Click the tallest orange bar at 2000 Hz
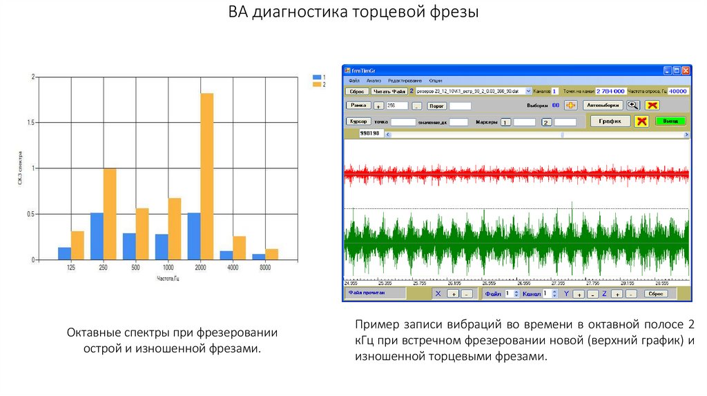click(x=206, y=176)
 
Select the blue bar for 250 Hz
click(x=97, y=236)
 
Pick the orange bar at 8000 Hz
click(x=271, y=254)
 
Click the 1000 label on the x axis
click(x=168, y=267)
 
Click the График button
click(x=610, y=121)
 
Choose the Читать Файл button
click(x=389, y=91)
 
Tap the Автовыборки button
click(x=603, y=106)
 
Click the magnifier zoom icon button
click(x=632, y=106)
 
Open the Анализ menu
click(x=374, y=81)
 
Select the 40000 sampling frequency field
click(x=677, y=91)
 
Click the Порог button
click(x=436, y=106)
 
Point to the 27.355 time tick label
click(x=556, y=283)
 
